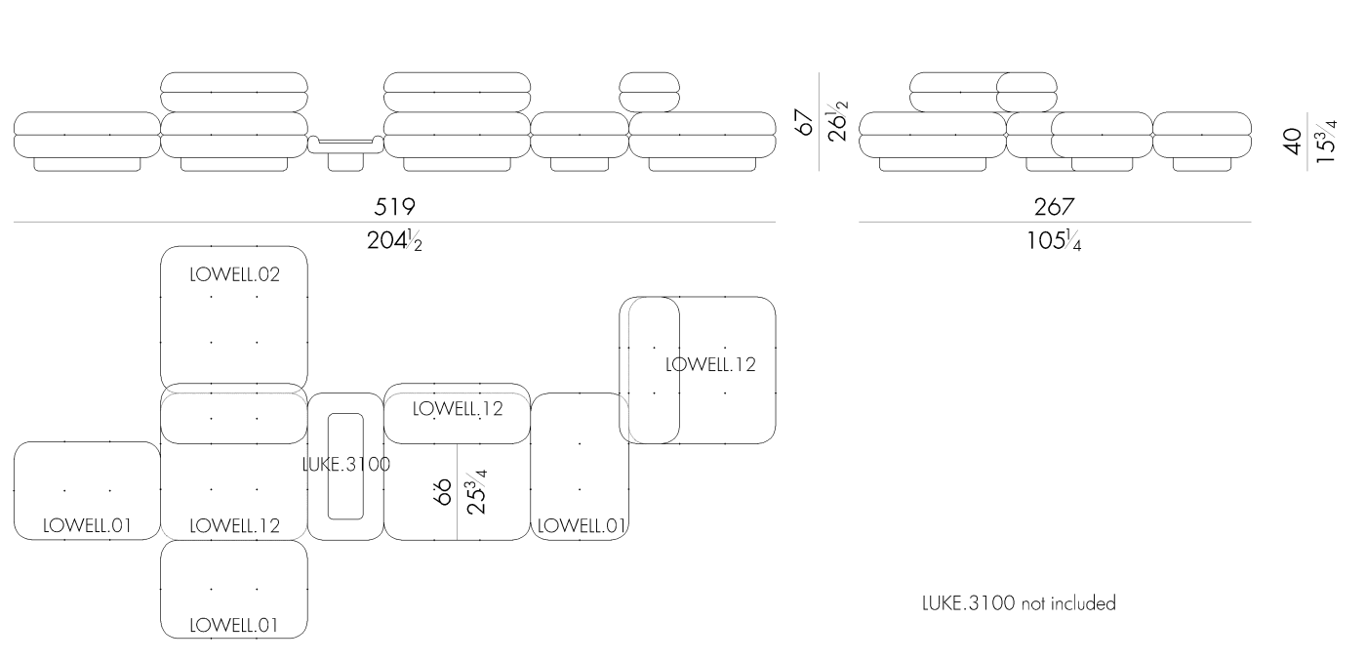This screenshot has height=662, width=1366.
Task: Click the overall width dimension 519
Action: [394, 207]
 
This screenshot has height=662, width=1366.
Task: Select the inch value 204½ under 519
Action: [394, 238]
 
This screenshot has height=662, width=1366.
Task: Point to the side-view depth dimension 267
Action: [1054, 207]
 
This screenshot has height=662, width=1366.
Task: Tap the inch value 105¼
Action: [1054, 238]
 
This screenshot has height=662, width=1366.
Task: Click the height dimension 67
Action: [804, 122]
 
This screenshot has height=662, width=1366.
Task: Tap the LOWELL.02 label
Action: [235, 275]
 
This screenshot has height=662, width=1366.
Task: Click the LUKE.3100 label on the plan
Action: [345, 465]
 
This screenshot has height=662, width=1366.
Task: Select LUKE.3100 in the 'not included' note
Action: [969, 603]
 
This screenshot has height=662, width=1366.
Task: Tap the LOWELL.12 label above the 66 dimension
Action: [458, 409]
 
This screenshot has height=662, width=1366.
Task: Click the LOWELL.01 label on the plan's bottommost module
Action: [235, 626]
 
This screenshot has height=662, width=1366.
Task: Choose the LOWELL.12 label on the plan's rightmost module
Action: [710, 364]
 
